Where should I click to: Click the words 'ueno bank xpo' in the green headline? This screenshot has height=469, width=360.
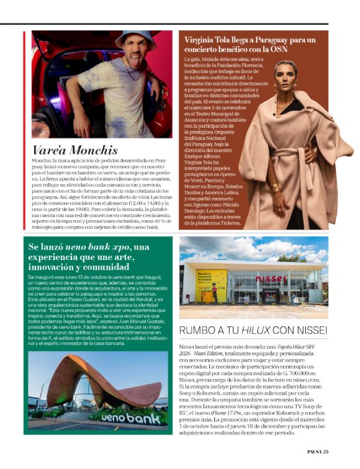point(102,247)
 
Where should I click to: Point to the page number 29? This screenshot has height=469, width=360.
point(326,451)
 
